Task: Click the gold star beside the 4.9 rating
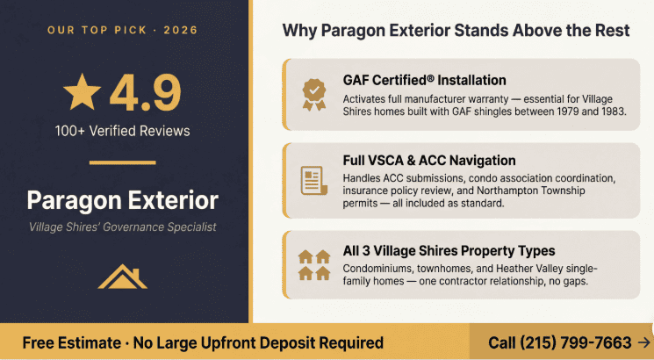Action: click(82, 91)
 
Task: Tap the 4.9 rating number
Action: click(146, 92)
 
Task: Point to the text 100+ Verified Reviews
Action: click(122, 132)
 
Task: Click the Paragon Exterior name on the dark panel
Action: click(122, 200)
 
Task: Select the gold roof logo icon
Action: click(122, 277)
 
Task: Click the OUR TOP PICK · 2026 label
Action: click(122, 31)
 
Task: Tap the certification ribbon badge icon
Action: click(313, 92)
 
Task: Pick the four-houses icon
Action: click(313, 264)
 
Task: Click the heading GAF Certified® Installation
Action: click(424, 81)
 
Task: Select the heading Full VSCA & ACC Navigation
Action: click(429, 161)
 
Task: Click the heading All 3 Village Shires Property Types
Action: click(449, 251)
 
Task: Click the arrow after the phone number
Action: click(643, 342)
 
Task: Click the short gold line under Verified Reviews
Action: click(122, 162)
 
